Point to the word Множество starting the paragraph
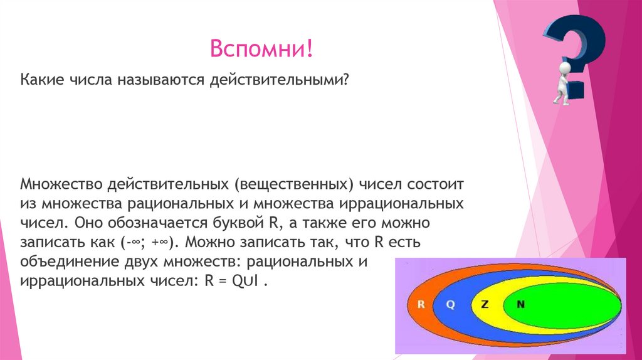[x=61, y=186]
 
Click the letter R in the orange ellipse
[x=421, y=304]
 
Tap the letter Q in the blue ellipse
[x=450, y=304]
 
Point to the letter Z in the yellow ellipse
[x=484, y=304]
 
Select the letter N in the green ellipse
[x=520, y=304]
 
